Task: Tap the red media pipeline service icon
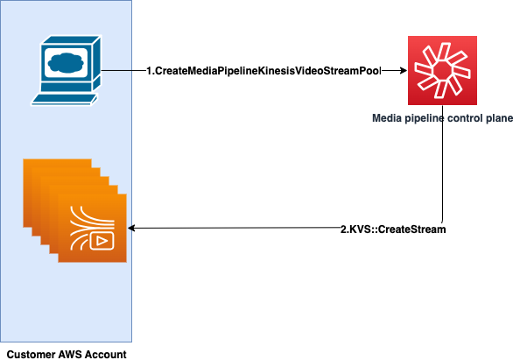[442, 70]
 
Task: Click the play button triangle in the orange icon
[102, 239]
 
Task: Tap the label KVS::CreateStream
[393, 229]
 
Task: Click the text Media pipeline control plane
[442, 115]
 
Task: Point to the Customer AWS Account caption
[67, 354]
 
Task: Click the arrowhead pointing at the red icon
[404, 70]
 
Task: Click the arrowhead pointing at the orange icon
[133, 229]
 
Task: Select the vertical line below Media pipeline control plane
[451, 175]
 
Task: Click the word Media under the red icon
[388, 115]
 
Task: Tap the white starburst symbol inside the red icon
[442, 68]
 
